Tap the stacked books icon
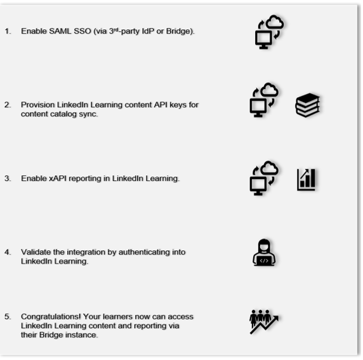pos(308,105)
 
